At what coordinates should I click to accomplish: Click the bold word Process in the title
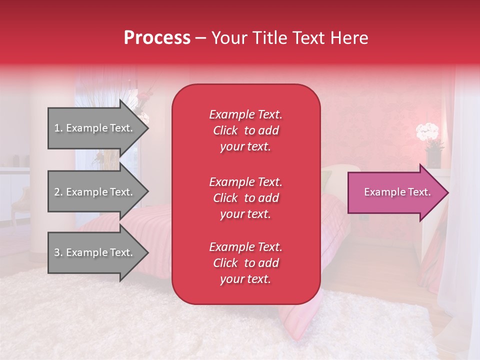tap(157, 38)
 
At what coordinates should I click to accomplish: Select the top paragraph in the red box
tap(245, 130)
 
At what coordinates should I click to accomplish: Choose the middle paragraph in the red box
tap(245, 198)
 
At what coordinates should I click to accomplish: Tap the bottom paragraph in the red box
tap(245, 263)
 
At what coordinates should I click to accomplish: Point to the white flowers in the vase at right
tap(427, 132)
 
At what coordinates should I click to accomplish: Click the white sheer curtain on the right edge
tap(460, 225)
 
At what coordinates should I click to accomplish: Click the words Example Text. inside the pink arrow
tap(397, 192)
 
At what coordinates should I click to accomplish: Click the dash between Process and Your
tap(200, 38)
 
